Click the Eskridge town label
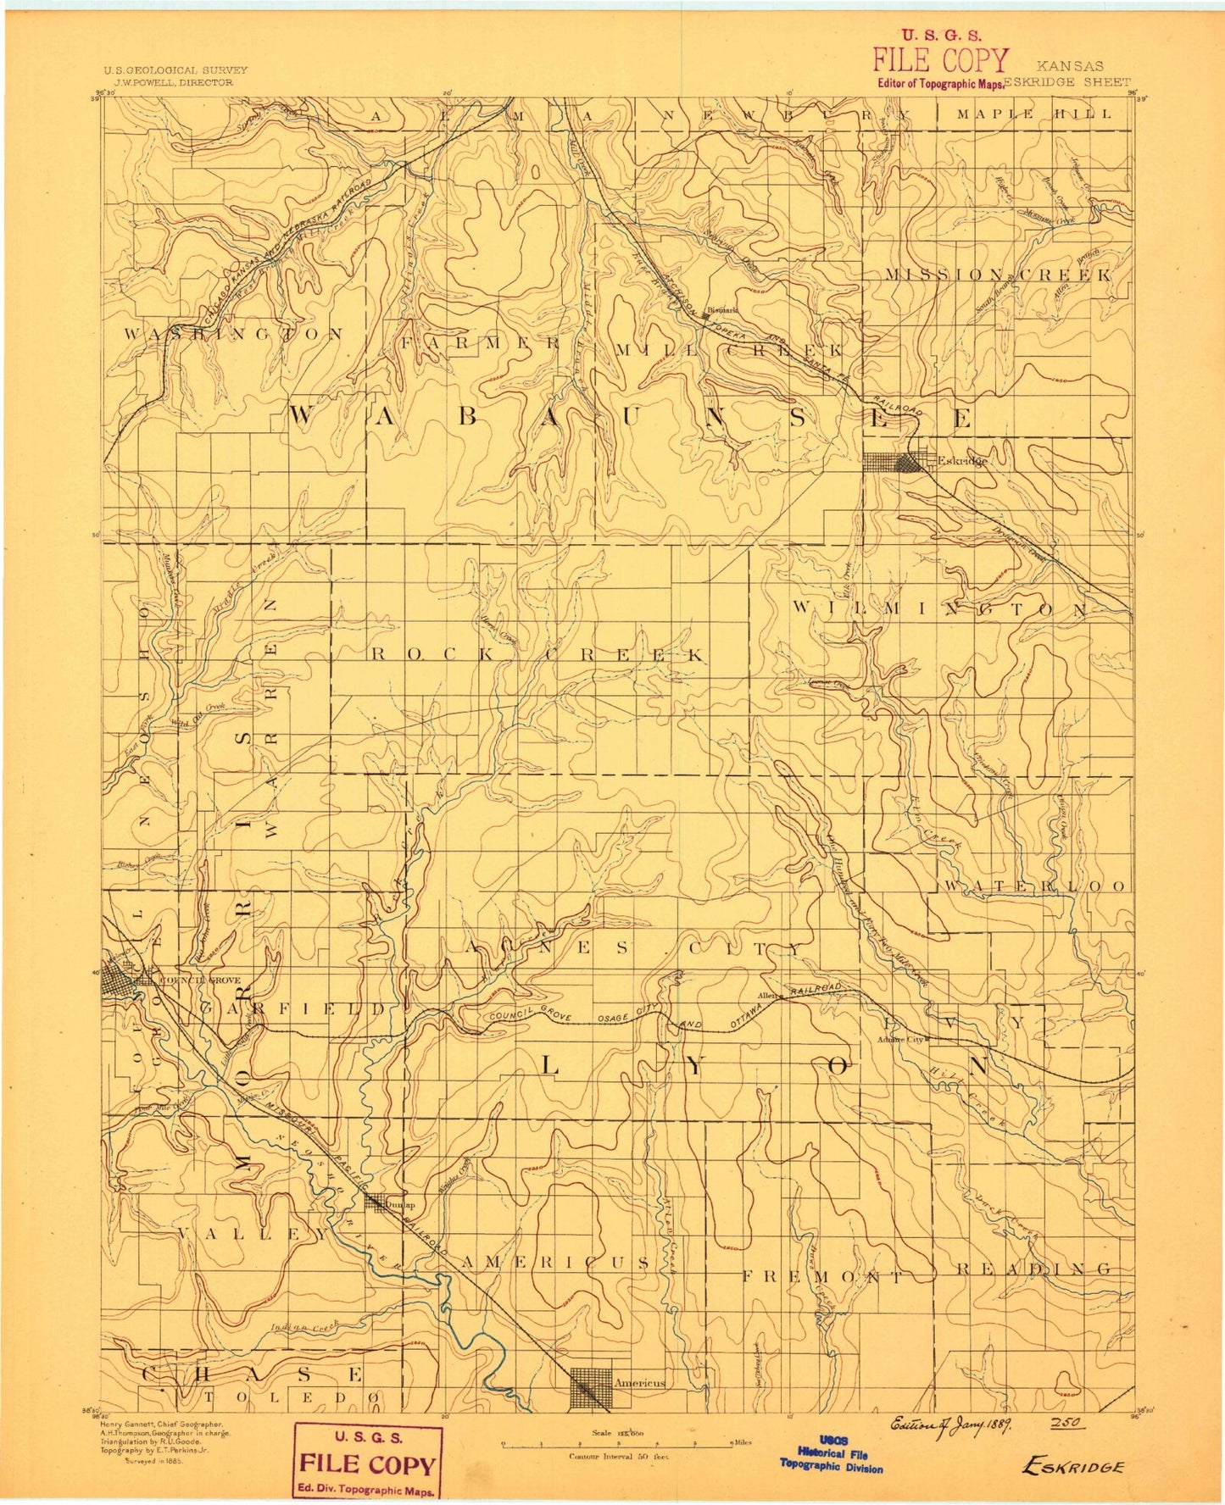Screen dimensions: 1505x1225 click(962, 461)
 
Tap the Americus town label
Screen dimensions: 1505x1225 click(639, 1382)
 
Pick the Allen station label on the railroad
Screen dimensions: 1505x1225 click(768, 996)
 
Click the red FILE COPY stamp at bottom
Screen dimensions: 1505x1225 click(367, 1463)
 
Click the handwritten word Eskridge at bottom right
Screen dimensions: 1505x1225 click(1072, 1467)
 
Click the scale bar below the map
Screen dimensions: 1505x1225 click(619, 1443)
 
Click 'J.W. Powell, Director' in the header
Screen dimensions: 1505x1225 click(168, 83)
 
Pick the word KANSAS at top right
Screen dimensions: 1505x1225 click(1069, 65)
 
